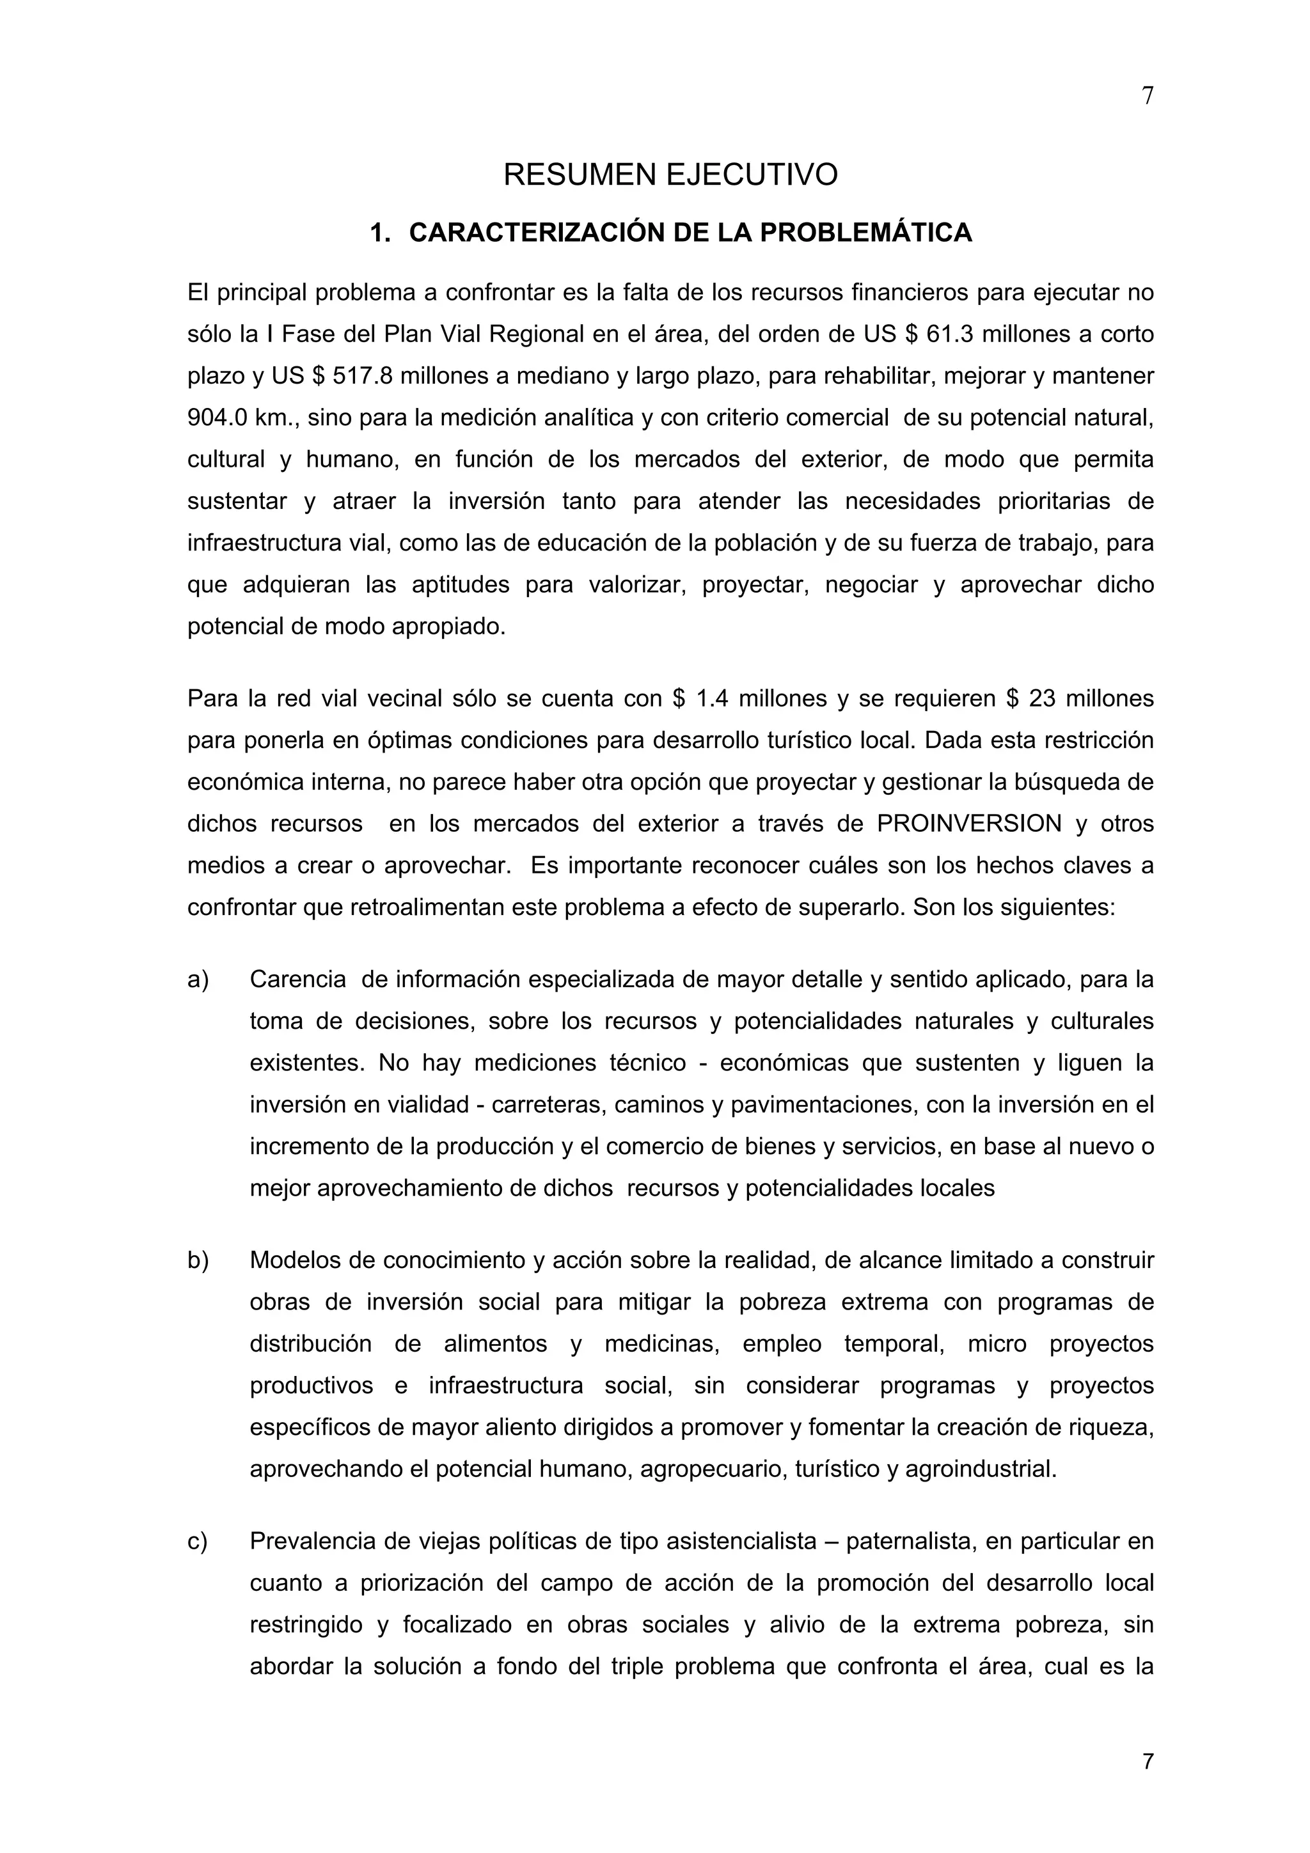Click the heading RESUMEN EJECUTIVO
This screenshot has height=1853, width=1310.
pyautogui.click(x=670, y=175)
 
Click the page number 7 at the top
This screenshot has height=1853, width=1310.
pyautogui.click(x=1148, y=96)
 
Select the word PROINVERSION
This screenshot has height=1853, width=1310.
pyautogui.click(x=968, y=824)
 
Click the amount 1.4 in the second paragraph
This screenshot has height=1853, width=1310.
pyautogui.click(x=711, y=698)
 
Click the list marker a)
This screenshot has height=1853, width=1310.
pyautogui.click(x=198, y=980)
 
